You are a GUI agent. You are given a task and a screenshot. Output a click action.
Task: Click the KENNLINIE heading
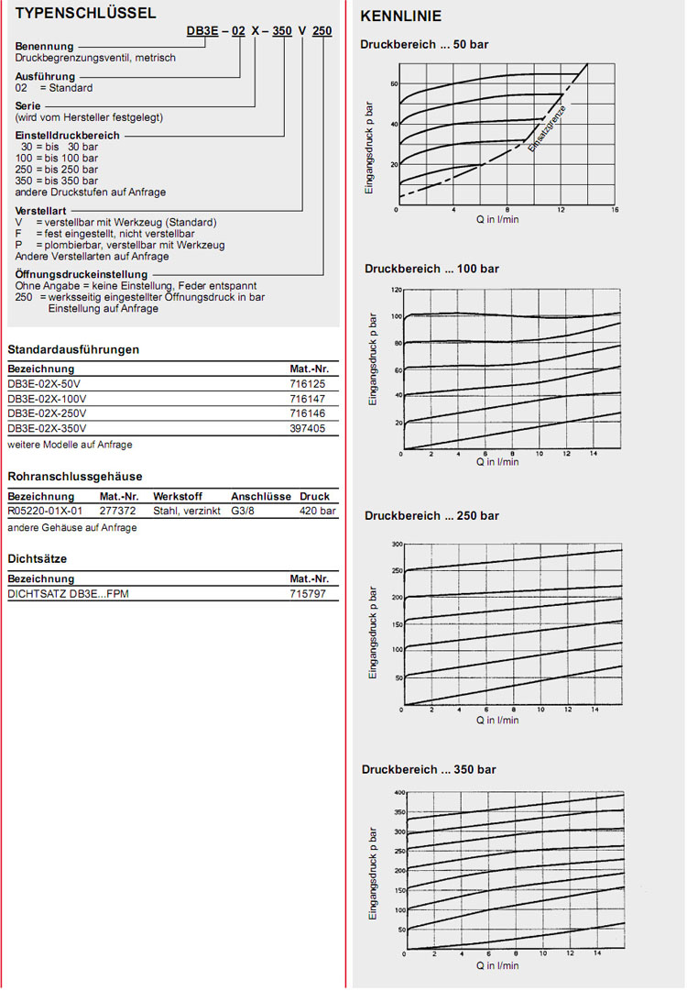400,17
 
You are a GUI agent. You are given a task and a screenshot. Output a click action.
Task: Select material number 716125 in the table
308,383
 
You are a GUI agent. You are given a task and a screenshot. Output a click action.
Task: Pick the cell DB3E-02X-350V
47,428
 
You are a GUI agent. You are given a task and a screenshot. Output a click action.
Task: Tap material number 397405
308,428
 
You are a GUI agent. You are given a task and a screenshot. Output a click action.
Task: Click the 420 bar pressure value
318,511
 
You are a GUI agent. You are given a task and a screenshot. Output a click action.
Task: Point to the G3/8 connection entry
245,511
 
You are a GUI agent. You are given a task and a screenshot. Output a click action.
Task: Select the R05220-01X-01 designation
45,511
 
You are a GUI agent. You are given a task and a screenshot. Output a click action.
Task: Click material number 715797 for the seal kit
308,594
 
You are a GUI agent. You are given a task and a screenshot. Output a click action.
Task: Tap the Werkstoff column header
176,496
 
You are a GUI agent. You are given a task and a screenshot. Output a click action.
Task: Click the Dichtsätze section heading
38,558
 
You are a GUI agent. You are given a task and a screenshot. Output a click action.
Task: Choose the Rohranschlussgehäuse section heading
75,477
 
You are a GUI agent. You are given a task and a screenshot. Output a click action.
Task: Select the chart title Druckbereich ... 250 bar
431,516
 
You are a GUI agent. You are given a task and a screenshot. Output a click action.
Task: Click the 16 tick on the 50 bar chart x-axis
616,210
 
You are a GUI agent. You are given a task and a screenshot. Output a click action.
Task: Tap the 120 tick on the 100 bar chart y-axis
397,290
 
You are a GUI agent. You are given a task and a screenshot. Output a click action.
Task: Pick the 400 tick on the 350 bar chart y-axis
398,792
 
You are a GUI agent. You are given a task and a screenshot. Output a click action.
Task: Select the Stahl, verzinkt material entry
187,511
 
